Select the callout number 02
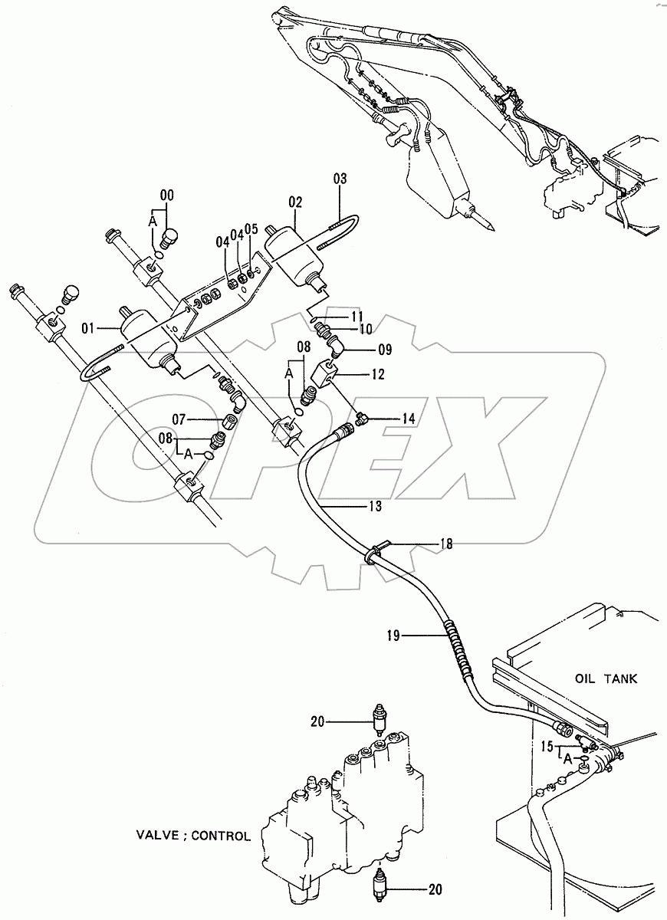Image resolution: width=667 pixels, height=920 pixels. tap(295, 202)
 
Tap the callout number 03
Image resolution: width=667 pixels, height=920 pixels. tap(340, 179)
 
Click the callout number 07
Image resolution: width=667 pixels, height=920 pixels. tap(178, 419)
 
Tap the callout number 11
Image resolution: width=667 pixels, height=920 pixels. tap(357, 315)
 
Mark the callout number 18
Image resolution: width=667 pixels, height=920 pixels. tap(445, 544)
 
